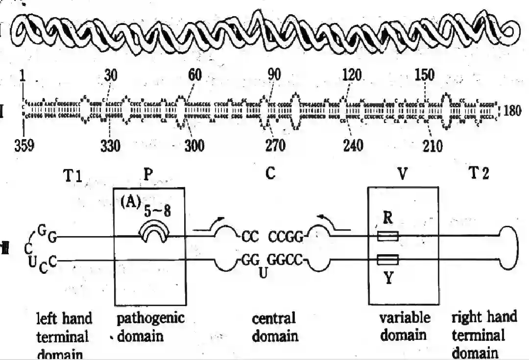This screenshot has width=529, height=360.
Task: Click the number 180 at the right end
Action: tap(514, 111)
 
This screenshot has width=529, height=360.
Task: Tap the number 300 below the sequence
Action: tap(194, 146)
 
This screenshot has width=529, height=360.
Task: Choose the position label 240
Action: tap(353, 146)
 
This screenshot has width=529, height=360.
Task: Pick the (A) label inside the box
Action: tap(131, 202)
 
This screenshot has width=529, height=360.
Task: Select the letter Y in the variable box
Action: tap(387, 280)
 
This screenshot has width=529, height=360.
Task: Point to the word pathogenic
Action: tap(150, 318)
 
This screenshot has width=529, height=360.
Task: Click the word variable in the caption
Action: tap(405, 318)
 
